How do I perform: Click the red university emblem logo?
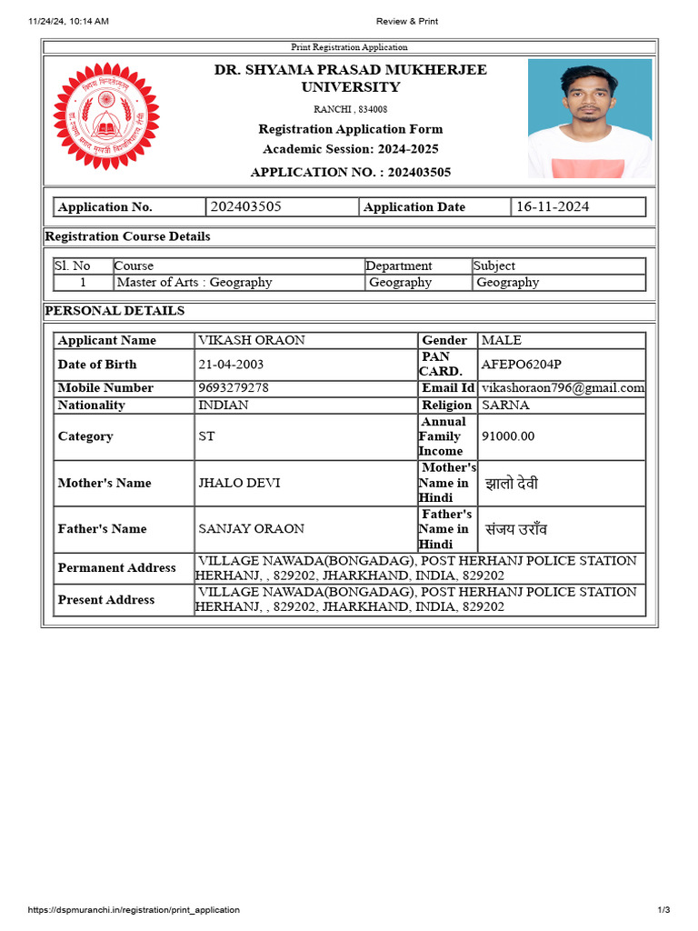(106, 115)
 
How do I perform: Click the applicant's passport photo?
(589, 118)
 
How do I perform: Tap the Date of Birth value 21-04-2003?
(232, 365)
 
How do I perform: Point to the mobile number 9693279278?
(234, 387)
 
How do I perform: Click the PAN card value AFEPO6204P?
(522, 365)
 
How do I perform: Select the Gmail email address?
(563, 387)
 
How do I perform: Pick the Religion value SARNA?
(505, 405)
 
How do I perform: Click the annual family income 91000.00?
(508, 436)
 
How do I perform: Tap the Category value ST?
(207, 436)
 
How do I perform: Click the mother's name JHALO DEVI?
(239, 483)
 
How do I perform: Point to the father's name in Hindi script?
(516, 529)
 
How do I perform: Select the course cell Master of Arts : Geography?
(194, 283)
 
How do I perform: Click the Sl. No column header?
(73, 266)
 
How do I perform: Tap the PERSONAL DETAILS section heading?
(115, 311)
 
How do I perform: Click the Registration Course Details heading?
(127, 236)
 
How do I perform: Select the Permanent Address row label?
(116, 568)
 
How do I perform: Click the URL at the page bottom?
(135, 910)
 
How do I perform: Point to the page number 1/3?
(663, 910)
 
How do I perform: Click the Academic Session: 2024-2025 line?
(350, 149)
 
